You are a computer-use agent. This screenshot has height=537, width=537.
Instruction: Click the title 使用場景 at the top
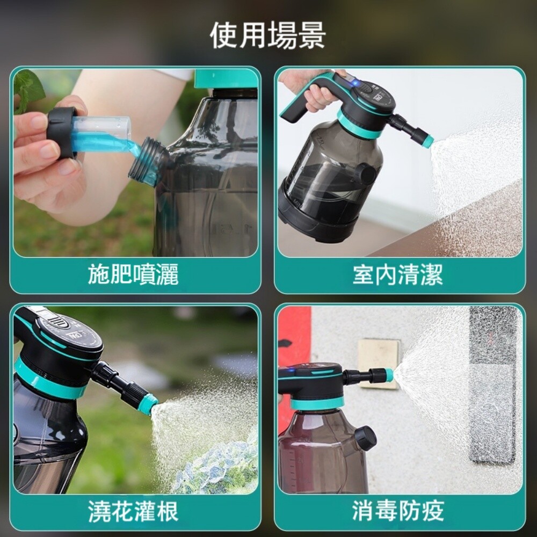[x=268, y=35]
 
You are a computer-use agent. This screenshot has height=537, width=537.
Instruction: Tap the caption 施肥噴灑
[x=134, y=274]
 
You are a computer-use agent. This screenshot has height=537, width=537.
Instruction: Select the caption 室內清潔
[x=398, y=274]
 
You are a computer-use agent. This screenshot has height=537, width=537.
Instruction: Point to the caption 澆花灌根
[x=134, y=511]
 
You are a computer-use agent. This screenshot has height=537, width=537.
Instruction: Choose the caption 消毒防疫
[x=398, y=511]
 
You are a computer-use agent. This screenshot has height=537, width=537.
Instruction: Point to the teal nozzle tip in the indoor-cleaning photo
[x=428, y=141]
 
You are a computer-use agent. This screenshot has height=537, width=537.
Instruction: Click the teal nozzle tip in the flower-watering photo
[x=151, y=403]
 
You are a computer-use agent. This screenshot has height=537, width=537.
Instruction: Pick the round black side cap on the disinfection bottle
[x=366, y=438]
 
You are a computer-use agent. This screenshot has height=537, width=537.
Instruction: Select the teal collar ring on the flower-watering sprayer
[x=52, y=381]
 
